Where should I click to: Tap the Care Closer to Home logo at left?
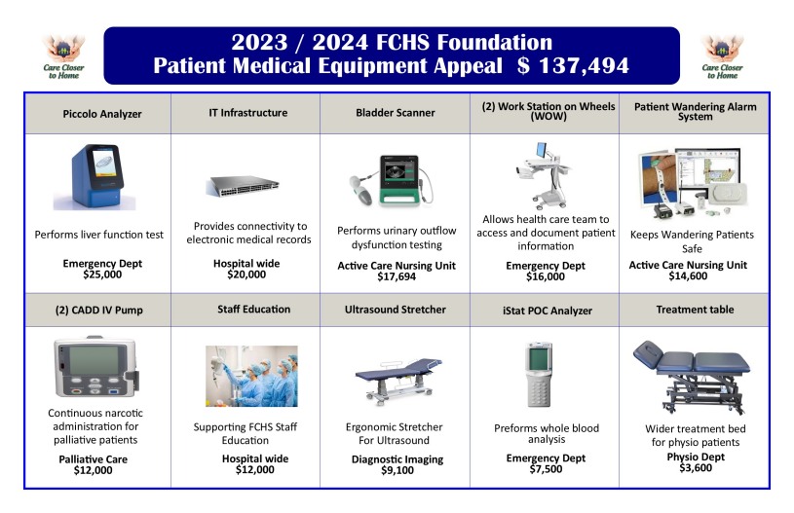(x=63, y=56)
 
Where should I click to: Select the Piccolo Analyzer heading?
(x=97, y=114)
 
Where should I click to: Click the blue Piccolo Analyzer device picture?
(x=95, y=176)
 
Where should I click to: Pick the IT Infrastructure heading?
(x=247, y=113)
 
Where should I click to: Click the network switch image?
(x=248, y=186)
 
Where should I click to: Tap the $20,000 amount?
(x=240, y=275)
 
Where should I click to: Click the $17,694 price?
(x=397, y=276)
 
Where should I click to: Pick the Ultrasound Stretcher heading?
(x=395, y=310)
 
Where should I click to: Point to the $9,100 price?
(x=396, y=470)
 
